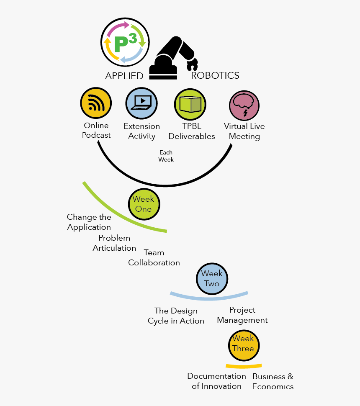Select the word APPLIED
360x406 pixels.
[124, 76]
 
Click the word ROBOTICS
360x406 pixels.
[215, 75]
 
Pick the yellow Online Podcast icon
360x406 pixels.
[96, 103]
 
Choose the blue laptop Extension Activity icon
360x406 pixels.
[141, 103]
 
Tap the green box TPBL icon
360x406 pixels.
[190, 104]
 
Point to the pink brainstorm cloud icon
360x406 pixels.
[244, 105]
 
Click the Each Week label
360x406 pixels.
[166, 156]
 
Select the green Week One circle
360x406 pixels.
[144, 204]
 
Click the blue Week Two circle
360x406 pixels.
[212, 279]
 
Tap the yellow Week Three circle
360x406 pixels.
[244, 345]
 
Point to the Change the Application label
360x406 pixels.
[89, 222]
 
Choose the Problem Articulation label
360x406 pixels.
[114, 243]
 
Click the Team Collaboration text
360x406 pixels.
[154, 258]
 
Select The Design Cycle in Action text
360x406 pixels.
[176, 316]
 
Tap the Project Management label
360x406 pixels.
[242, 315]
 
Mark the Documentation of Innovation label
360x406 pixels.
[216, 381]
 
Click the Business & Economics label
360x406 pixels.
[273, 381]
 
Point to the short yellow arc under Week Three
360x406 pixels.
[244, 367]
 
